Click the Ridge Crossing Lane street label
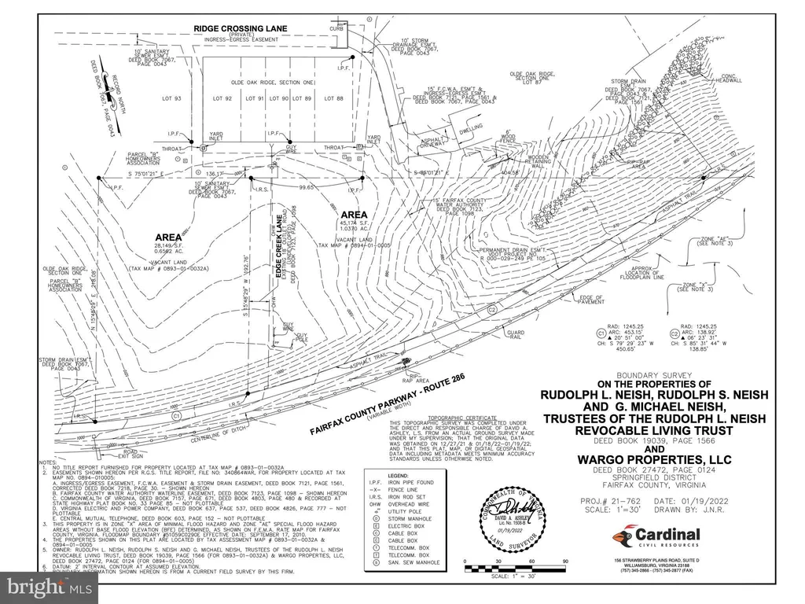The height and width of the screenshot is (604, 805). point(241,29)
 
